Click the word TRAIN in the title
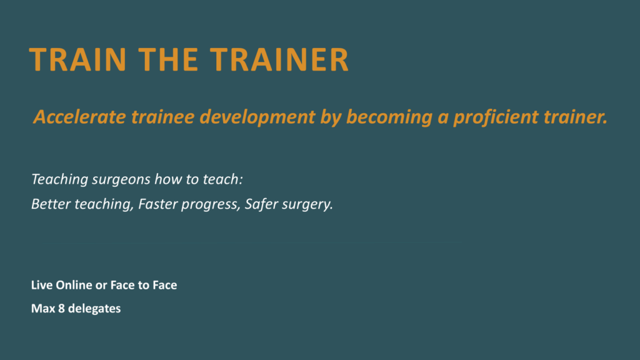pos(77,59)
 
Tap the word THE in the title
pos(168,59)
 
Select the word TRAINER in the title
pos(279,59)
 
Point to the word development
pos(257,117)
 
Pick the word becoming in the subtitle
pos(389,117)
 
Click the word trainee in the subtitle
pos(163,117)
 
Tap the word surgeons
pos(121,179)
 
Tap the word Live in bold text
pos(42,285)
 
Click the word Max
pos(43,308)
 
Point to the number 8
pos(61,308)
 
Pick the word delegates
pos(94,309)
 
